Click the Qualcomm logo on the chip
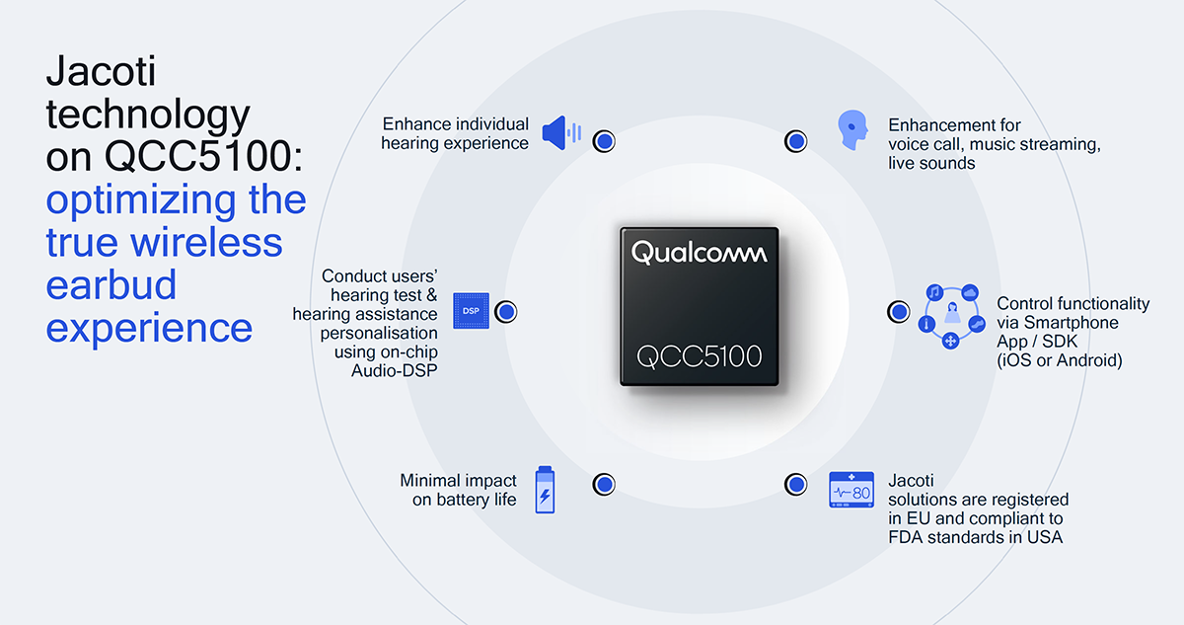point(699,253)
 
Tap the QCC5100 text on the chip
point(699,356)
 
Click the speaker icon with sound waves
point(561,132)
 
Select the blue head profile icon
point(852,130)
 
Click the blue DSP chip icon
point(471,311)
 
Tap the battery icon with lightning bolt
point(545,490)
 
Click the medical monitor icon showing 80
point(851,490)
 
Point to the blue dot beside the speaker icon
point(604,141)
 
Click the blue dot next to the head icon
point(795,141)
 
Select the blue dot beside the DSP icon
point(506,311)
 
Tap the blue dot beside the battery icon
point(604,484)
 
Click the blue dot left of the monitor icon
point(795,484)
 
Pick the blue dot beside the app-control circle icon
point(899,311)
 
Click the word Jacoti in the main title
point(101,71)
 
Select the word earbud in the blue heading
point(111,285)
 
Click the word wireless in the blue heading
point(206,242)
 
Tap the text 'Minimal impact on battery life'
point(458,490)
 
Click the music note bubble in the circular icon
point(934,292)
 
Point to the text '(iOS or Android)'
point(1060,360)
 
